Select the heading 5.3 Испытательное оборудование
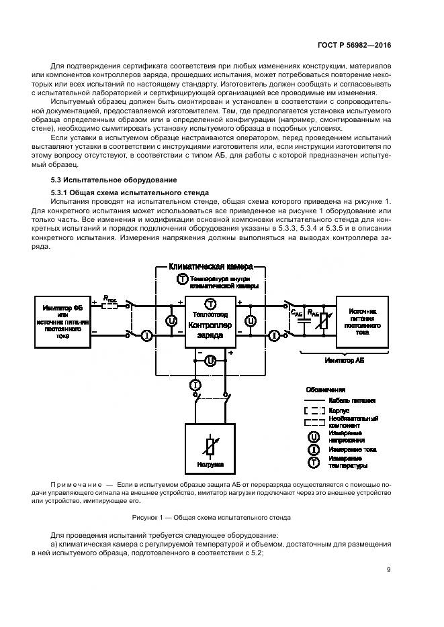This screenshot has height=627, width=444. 114,180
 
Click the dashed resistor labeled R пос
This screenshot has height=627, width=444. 108,306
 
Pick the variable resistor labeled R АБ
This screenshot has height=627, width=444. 323,321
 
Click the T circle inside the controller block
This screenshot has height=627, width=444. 210,303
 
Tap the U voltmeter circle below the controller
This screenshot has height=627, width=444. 210,360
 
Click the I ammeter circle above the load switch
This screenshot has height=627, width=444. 195,384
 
